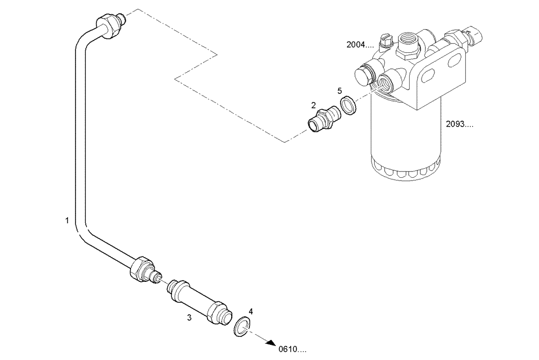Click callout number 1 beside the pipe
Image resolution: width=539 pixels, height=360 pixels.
coord(67,220)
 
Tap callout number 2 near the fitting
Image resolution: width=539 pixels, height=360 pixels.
coord(313,106)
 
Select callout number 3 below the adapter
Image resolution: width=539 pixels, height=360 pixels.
coord(189,318)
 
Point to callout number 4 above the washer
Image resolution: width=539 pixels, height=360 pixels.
coord(251,311)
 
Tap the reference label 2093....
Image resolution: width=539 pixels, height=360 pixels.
coord(460,124)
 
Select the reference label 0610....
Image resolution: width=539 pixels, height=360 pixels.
coord(292,349)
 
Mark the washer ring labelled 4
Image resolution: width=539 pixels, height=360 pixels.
coord(242,327)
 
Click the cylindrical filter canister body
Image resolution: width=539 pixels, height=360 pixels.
coord(404,140)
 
